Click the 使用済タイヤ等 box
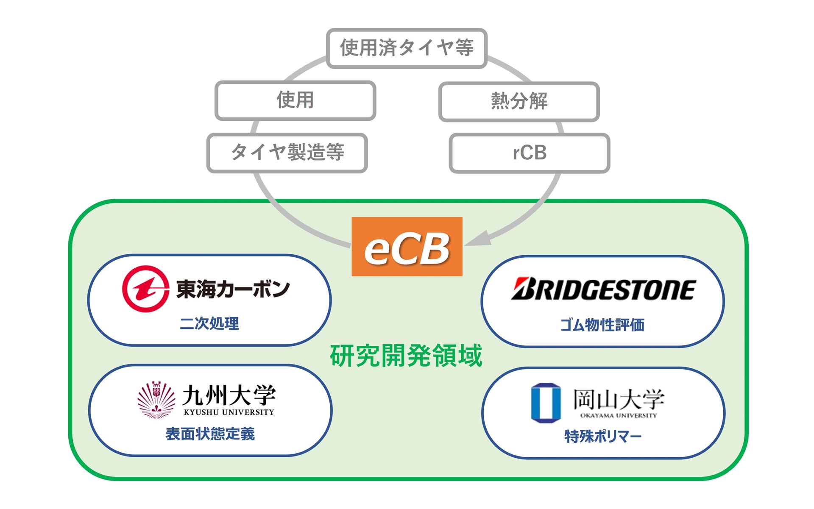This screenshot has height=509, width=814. (407, 48)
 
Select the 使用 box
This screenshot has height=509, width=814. (295, 100)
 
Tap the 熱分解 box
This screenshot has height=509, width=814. (519, 101)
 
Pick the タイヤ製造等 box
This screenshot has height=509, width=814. (287, 153)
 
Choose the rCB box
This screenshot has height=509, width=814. (529, 153)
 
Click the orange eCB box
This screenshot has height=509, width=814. (407, 247)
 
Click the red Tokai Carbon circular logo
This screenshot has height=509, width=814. (145, 289)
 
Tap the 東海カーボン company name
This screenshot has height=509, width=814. (233, 289)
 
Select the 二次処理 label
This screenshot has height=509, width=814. (209, 323)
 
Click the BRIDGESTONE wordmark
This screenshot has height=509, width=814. (603, 289)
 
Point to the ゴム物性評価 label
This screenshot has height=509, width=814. (602, 325)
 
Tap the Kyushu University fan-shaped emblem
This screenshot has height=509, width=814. (156, 400)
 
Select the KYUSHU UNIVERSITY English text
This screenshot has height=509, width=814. (229, 412)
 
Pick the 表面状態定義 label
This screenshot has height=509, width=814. (210, 434)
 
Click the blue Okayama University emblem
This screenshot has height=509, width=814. (546, 403)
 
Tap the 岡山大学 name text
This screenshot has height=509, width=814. (619, 399)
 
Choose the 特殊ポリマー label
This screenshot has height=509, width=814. (602, 436)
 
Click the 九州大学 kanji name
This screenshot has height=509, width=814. (229, 395)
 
